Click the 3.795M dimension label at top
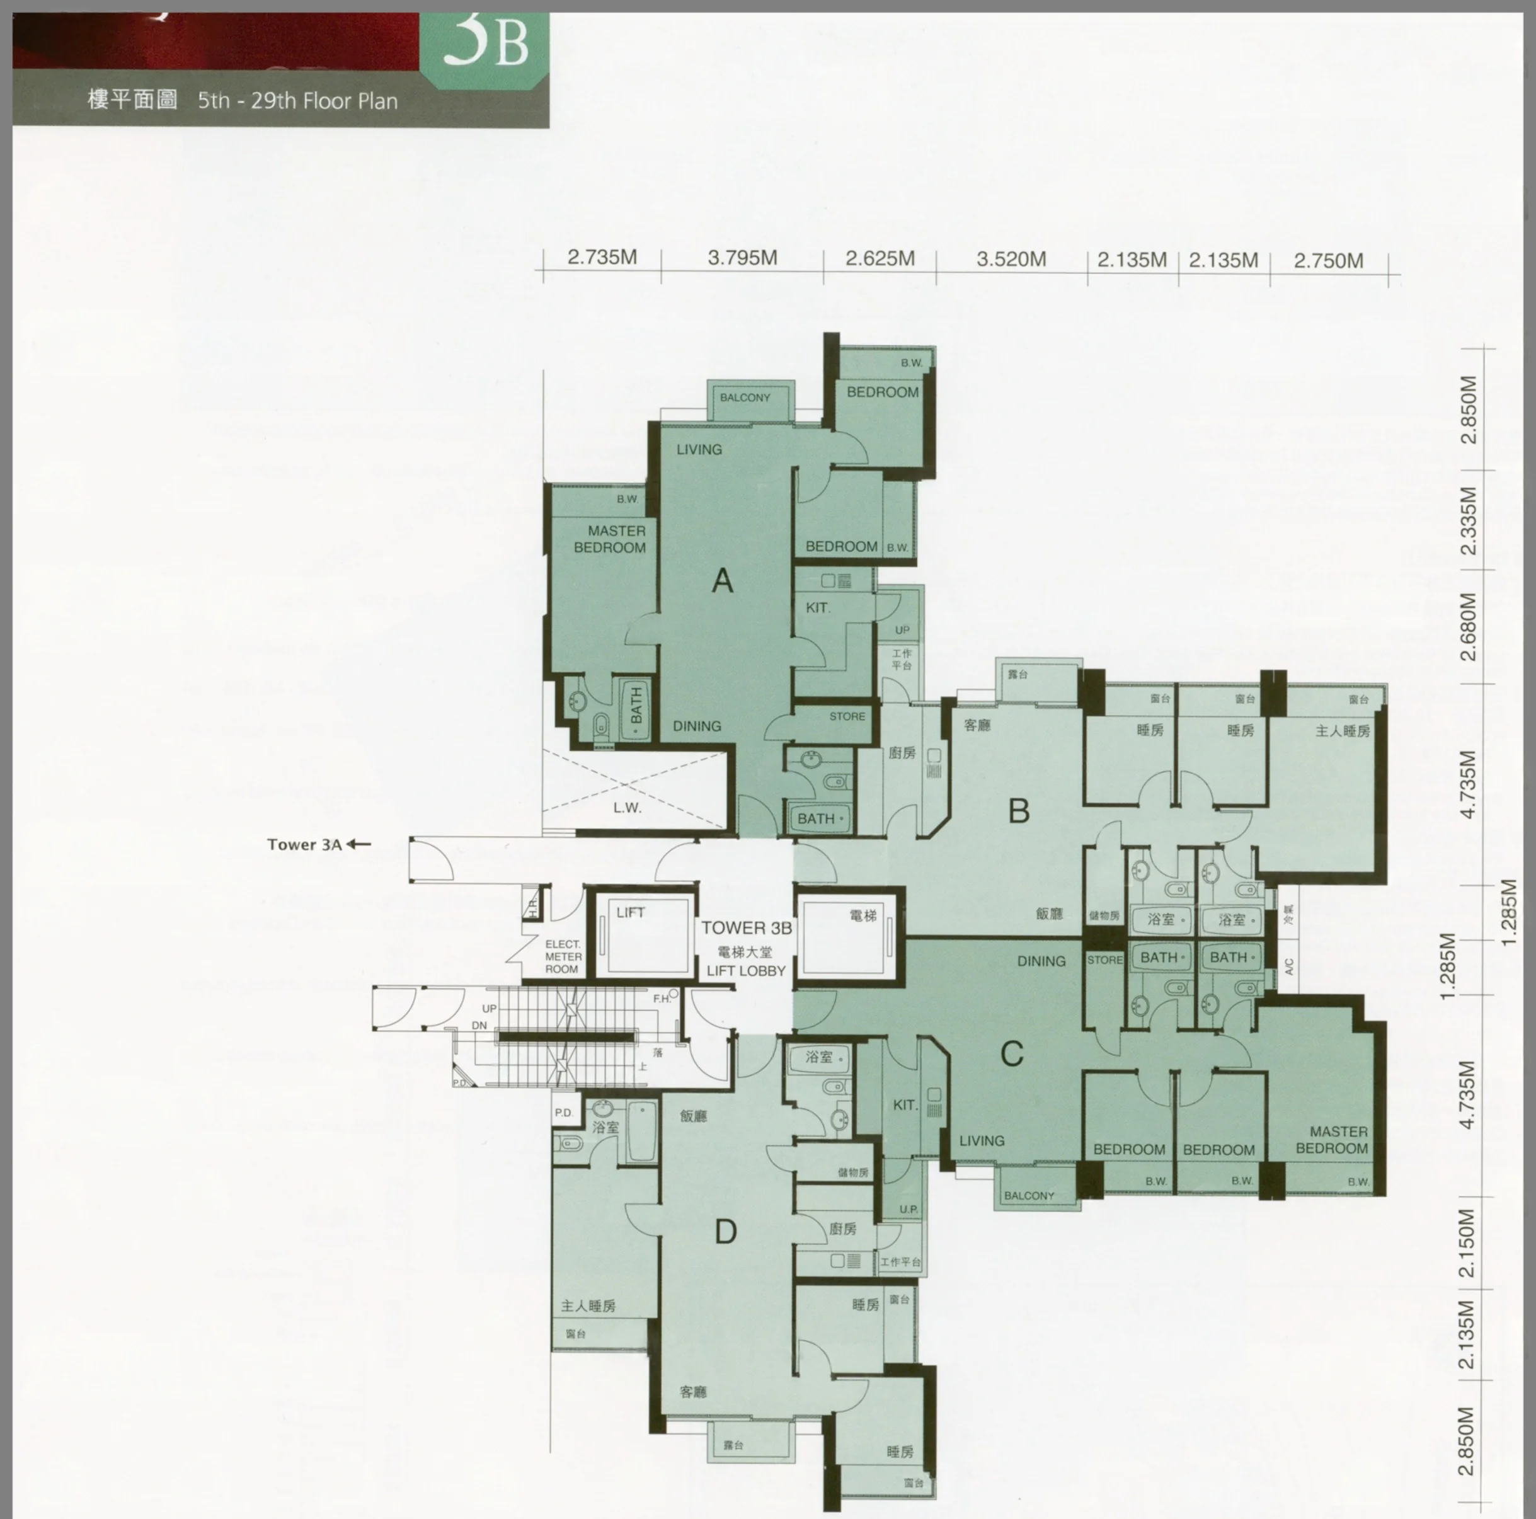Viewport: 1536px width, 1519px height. pos(742,258)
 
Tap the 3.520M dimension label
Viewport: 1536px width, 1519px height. pos(1011,259)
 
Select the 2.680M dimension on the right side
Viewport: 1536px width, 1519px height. pos(1469,627)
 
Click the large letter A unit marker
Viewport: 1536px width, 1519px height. pos(722,581)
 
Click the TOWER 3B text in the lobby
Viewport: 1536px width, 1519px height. pos(746,927)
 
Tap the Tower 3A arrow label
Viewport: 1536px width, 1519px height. pos(318,844)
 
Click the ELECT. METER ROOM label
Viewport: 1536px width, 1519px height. pos(563,957)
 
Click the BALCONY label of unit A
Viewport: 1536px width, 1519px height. pos(745,398)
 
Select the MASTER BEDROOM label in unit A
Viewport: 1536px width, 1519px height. pos(610,539)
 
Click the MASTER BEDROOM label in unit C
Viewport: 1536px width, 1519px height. pos(1333,1140)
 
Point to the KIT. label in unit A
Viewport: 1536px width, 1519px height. pos(818,607)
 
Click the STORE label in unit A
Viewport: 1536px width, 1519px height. pos(847,716)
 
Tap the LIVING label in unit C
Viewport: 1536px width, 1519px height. pos(981,1140)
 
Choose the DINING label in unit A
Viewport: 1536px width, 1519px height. pos(696,726)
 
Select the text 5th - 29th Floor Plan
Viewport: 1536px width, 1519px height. pos(297,101)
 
